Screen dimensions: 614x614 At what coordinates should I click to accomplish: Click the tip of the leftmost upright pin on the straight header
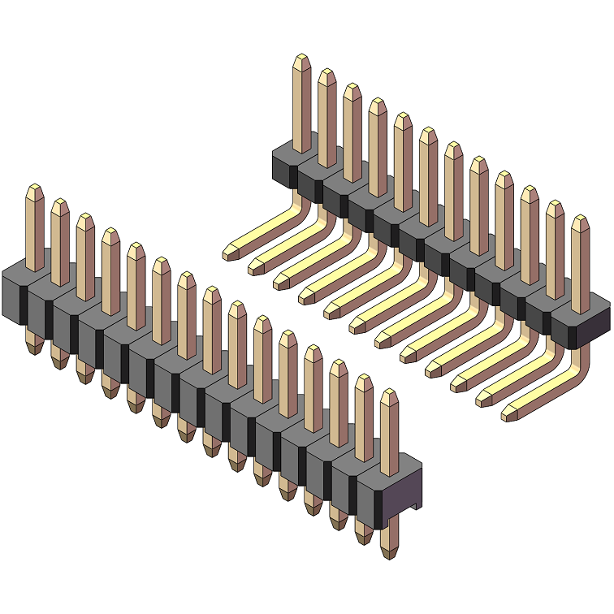coord(35,190)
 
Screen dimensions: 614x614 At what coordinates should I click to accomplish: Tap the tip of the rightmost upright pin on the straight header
coord(390,396)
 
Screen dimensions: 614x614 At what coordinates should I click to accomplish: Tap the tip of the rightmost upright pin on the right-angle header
coord(580,222)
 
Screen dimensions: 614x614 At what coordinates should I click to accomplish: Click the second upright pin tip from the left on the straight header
coord(60,205)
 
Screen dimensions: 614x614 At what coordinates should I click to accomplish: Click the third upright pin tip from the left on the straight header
coord(85,219)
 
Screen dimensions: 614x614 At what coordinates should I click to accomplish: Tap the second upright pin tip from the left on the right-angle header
coord(326,75)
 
